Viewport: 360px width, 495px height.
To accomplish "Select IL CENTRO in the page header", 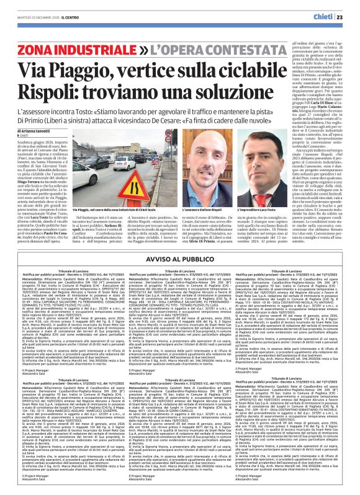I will (x=69, y=17).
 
